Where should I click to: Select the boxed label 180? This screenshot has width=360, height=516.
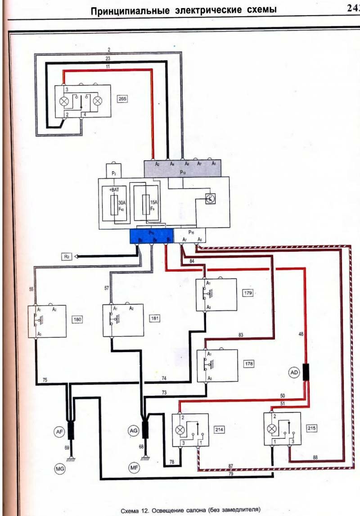(x=78, y=319)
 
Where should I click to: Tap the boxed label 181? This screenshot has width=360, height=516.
(x=155, y=318)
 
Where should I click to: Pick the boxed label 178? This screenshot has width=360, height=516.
(x=249, y=363)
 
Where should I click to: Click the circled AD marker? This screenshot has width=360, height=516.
(x=294, y=373)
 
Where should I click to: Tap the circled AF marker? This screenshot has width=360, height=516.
(x=58, y=432)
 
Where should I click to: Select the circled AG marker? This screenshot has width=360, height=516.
(x=133, y=431)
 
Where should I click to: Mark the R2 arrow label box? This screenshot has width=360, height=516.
(x=67, y=257)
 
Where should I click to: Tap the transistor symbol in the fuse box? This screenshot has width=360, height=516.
(x=210, y=199)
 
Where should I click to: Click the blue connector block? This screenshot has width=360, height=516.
(x=151, y=236)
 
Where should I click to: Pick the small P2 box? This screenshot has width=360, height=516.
(x=113, y=171)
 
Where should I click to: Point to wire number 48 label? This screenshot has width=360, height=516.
(x=301, y=334)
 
